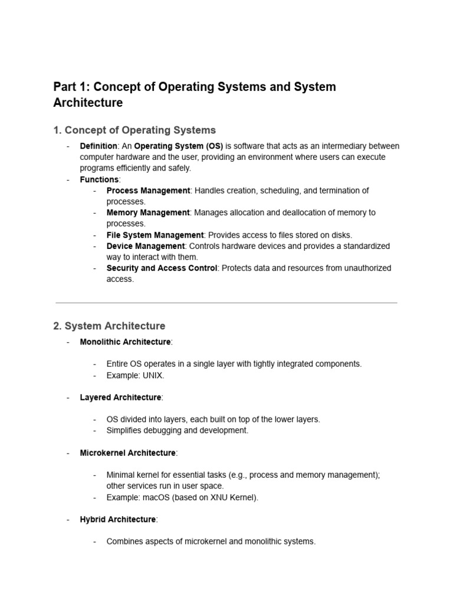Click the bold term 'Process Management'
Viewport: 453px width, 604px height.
(x=148, y=191)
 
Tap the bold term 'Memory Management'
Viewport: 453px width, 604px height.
(x=148, y=212)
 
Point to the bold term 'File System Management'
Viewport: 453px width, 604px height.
(x=155, y=235)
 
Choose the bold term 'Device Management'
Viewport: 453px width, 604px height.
(x=146, y=246)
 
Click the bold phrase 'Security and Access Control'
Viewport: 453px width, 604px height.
(x=162, y=268)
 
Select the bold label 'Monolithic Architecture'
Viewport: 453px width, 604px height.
(x=125, y=342)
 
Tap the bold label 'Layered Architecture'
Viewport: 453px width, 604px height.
(x=120, y=398)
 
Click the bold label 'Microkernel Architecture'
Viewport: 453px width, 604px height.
(x=127, y=453)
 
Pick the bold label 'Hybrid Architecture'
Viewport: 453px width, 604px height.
(x=118, y=519)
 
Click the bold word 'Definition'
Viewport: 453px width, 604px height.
(x=99, y=146)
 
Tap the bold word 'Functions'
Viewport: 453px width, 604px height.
(x=99, y=179)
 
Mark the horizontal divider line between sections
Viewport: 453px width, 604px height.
(x=226, y=303)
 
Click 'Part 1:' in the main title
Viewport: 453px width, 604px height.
(x=71, y=87)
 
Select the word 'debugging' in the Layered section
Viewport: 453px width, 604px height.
(x=162, y=431)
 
